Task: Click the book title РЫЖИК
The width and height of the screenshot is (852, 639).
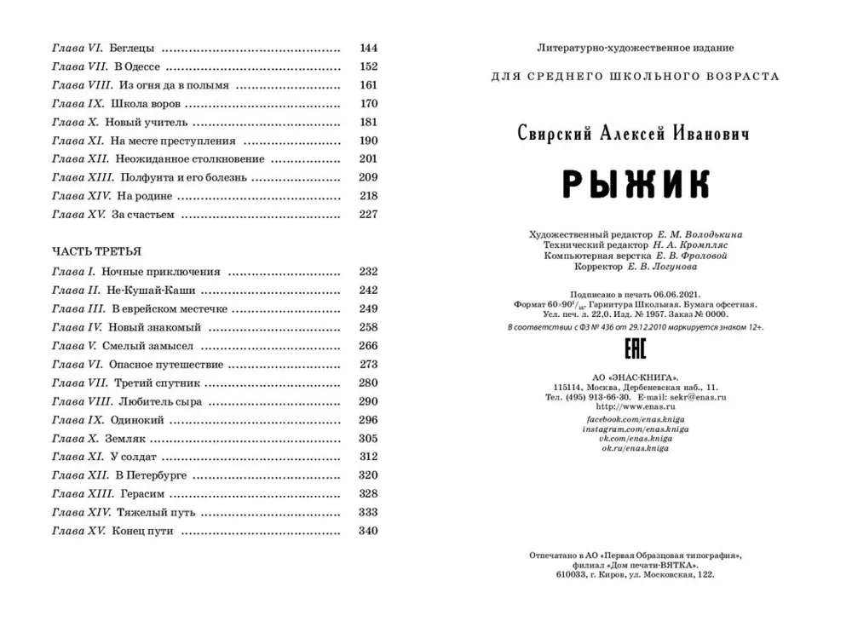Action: (x=635, y=184)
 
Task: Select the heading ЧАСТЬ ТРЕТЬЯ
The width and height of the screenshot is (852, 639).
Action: (x=96, y=251)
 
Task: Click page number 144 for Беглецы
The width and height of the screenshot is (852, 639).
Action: (x=368, y=48)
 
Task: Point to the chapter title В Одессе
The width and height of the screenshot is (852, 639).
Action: (x=136, y=66)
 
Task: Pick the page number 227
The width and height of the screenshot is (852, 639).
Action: (x=368, y=215)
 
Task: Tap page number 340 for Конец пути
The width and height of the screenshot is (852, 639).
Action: (x=368, y=531)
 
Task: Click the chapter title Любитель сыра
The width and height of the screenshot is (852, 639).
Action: (x=157, y=401)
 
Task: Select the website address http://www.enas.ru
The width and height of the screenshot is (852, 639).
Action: (x=635, y=407)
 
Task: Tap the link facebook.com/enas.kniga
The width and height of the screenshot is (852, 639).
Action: (x=635, y=420)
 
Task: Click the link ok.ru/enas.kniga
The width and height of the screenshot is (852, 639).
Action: (x=635, y=448)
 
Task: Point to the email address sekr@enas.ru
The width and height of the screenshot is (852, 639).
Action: (x=693, y=397)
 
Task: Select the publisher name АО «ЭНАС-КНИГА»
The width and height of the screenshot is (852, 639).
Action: (x=635, y=377)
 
